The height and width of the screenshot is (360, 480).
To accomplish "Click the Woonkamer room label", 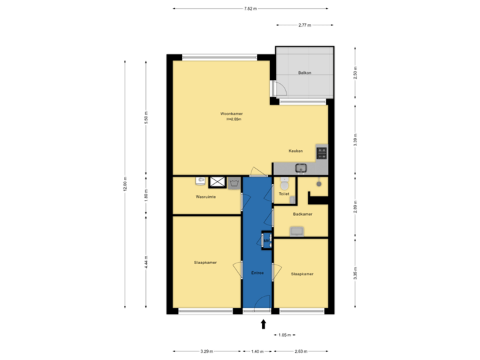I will pos(232,114).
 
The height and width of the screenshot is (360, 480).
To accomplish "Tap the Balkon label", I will pos(305,73).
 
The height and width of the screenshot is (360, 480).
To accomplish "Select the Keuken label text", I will pos(296,151).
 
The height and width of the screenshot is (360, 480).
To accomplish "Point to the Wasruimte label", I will pos(205,197).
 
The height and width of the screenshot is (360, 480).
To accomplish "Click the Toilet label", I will pos(284,194).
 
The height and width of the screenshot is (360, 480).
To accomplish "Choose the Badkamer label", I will pos(303,214).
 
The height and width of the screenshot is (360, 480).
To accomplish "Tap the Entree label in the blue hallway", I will pos(257,273).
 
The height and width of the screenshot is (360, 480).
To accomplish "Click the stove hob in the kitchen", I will pos(322,153).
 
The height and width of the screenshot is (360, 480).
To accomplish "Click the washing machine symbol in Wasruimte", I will pos(234,182).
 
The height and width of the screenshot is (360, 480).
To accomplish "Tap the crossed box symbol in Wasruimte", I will pos(217,181).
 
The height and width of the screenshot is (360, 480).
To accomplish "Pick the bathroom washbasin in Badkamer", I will pos(297,231).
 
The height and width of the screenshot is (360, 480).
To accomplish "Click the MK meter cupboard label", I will pos(266,240).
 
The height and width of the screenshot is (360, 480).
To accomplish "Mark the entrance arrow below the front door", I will pos(263,325).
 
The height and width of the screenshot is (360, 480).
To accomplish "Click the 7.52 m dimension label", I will pos(250,9).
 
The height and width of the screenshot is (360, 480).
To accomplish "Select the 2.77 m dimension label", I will pos(305,25).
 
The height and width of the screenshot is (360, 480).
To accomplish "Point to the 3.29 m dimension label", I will pos(206,351).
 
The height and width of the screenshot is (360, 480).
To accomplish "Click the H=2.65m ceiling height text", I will pos(233,120).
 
